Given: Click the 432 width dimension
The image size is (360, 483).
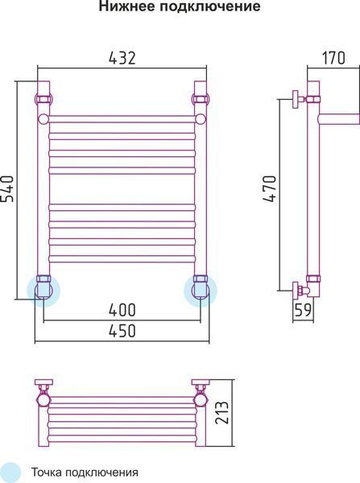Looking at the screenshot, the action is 122,58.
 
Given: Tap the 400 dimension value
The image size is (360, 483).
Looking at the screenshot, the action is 122,310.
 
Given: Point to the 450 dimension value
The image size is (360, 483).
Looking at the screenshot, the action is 122,331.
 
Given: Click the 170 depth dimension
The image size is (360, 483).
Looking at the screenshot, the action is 333,58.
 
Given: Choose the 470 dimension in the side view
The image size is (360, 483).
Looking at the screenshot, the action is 270,188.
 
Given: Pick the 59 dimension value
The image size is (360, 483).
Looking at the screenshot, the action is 303,310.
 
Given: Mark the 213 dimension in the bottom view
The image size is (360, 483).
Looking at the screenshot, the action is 222,413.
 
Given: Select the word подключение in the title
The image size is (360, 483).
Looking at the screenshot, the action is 210,6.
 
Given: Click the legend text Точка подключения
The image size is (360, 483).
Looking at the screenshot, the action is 85,473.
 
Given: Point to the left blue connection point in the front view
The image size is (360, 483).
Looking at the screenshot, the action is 43,291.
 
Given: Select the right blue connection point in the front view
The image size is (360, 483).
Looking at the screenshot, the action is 201,291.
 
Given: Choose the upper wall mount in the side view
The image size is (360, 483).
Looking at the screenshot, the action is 298,99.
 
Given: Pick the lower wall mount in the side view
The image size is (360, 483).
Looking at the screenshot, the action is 299,291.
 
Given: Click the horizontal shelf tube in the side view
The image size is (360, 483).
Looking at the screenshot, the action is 339,119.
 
